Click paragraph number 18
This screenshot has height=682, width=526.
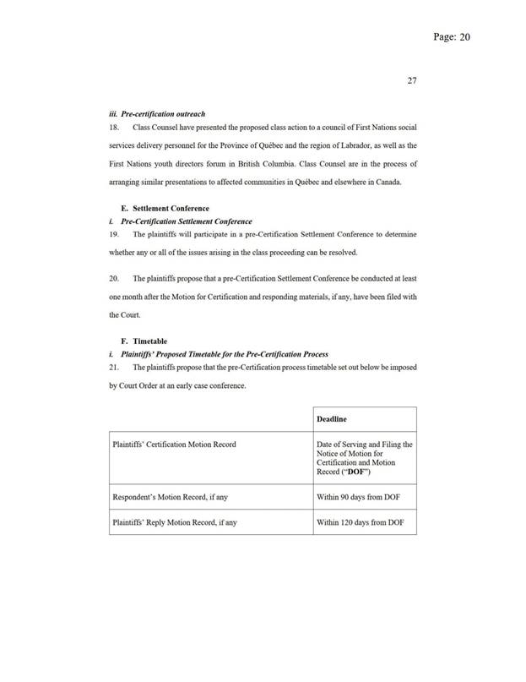(115, 127)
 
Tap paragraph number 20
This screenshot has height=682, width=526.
(115, 277)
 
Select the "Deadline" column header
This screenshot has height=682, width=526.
(332, 418)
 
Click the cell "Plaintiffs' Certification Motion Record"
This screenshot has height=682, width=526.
(175, 444)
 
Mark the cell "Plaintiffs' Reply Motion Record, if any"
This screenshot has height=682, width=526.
(175, 522)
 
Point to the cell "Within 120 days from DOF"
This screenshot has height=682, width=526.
(361, 522)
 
